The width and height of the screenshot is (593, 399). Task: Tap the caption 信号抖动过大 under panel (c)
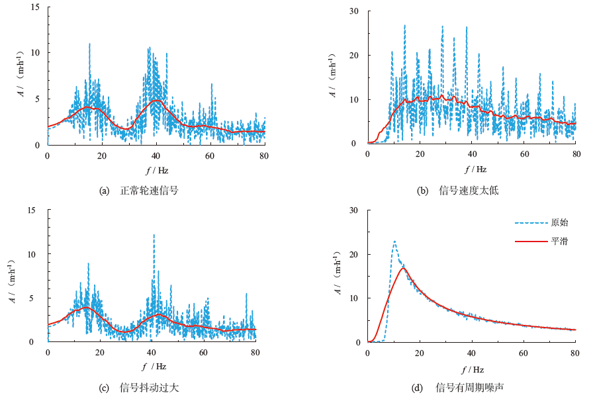coord(149,387)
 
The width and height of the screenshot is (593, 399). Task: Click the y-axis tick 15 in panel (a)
coord(35,7)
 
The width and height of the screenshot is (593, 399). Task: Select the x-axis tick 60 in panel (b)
coord(524,154)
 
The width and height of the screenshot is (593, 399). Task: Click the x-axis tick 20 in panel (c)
coord(99,353)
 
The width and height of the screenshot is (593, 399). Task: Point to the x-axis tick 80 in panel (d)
coord(576,353)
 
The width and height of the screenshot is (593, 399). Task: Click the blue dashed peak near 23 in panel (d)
coord(394,242)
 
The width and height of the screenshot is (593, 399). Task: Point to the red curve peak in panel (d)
coord(403,267)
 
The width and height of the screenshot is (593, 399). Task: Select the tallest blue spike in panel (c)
coord(154,235)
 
